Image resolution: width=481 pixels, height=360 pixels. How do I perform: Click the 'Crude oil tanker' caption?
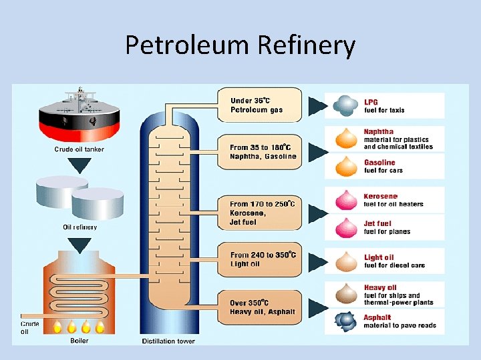click(x=79, y=149)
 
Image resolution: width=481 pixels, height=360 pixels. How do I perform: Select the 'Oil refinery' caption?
click(x=79, y=227)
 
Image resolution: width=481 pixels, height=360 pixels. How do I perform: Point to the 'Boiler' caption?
click(x=79, y=340)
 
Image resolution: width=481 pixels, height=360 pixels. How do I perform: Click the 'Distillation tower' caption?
click(x=168, y=341)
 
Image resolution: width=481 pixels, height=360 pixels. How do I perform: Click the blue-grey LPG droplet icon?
click(x=345, y=105)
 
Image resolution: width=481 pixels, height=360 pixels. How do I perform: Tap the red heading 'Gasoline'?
click(x=379, y=162)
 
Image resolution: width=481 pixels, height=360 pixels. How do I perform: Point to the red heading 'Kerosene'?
click(x=381, y=196)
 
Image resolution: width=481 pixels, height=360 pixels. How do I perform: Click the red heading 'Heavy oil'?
click(x=380, y=288)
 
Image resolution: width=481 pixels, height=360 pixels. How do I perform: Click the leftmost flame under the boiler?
click(x=55, y=327)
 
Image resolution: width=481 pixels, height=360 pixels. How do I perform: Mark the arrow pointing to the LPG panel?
click(x=315, y=105)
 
